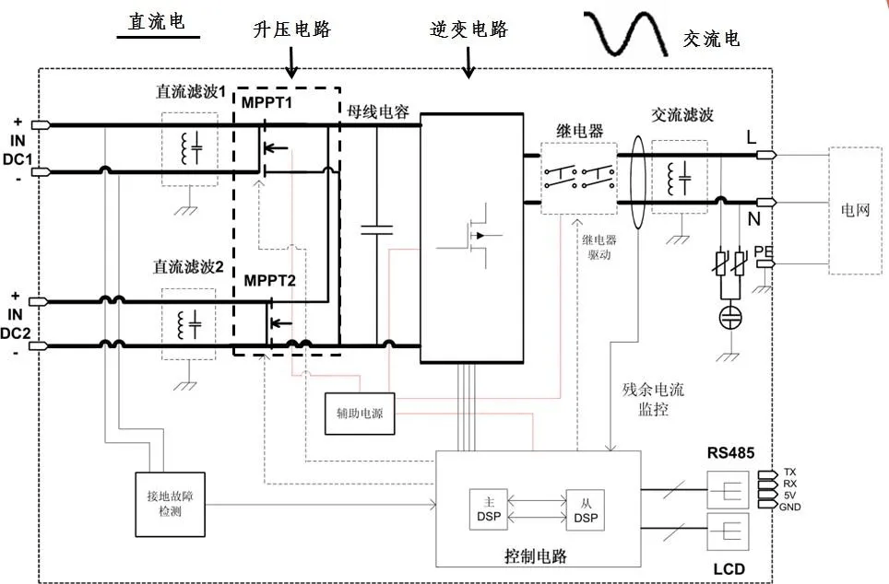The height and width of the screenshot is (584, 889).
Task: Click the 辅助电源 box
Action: click(360, 414)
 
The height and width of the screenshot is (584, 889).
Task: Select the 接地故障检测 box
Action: click(171, 503)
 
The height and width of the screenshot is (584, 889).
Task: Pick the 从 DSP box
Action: click(585, 509)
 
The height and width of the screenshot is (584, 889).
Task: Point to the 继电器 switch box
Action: click(578, 178)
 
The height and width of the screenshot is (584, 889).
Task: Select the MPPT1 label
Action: click(267, 101)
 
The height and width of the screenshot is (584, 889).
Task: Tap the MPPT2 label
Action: click(269, 280)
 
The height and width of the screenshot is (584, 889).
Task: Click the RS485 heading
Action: click(731, 452)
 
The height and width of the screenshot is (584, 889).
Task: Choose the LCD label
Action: click(729, 568)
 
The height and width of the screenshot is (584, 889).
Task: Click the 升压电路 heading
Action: click(291, 29)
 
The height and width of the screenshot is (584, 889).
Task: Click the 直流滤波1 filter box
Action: click(190, 149)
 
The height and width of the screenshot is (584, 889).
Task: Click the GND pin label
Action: click(789, 508)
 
